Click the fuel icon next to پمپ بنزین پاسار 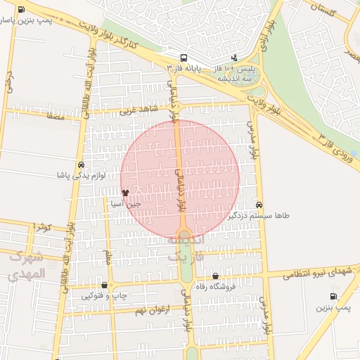(20, 10)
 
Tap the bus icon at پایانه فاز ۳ (184, 58)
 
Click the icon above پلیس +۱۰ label (234, 58)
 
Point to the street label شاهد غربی (135, 110)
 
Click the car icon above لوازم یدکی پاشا (82, 165)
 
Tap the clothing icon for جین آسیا (125, 192)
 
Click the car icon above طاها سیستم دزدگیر (259, 205)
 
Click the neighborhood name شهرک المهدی (26, 265)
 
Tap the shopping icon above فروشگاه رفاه (215, 276)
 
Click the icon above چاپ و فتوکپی (105, 285)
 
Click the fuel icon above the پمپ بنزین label (323, 296)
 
